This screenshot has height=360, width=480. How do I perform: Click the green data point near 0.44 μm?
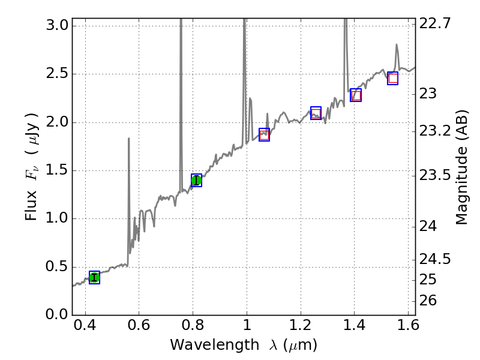coord(94,277)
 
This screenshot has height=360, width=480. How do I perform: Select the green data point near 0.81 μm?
coord(196,180)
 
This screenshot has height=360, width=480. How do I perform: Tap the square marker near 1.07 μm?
coord(264,134)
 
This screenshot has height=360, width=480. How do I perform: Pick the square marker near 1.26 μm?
coord(316,113)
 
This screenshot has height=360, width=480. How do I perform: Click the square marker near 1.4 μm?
coord(356,95)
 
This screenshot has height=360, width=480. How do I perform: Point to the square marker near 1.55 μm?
coord(393,78)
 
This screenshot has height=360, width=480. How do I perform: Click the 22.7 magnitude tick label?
coord(436,24)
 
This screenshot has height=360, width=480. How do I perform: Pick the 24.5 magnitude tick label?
coord(436,259)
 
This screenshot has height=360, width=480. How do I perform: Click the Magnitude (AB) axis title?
coord(461,167)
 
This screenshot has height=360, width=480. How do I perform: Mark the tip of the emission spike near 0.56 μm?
coord(128,139)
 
